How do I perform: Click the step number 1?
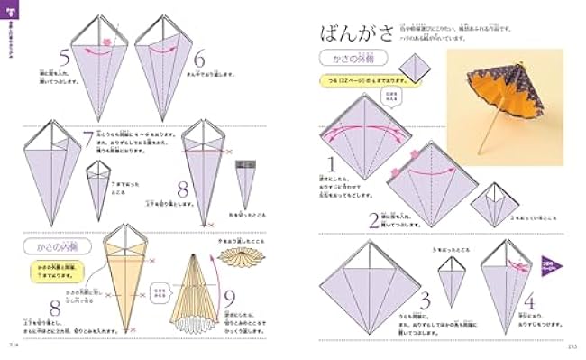332,165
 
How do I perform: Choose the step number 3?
425,301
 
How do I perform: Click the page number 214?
14,346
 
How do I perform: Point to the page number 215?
572,346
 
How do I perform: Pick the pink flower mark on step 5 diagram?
105,42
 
